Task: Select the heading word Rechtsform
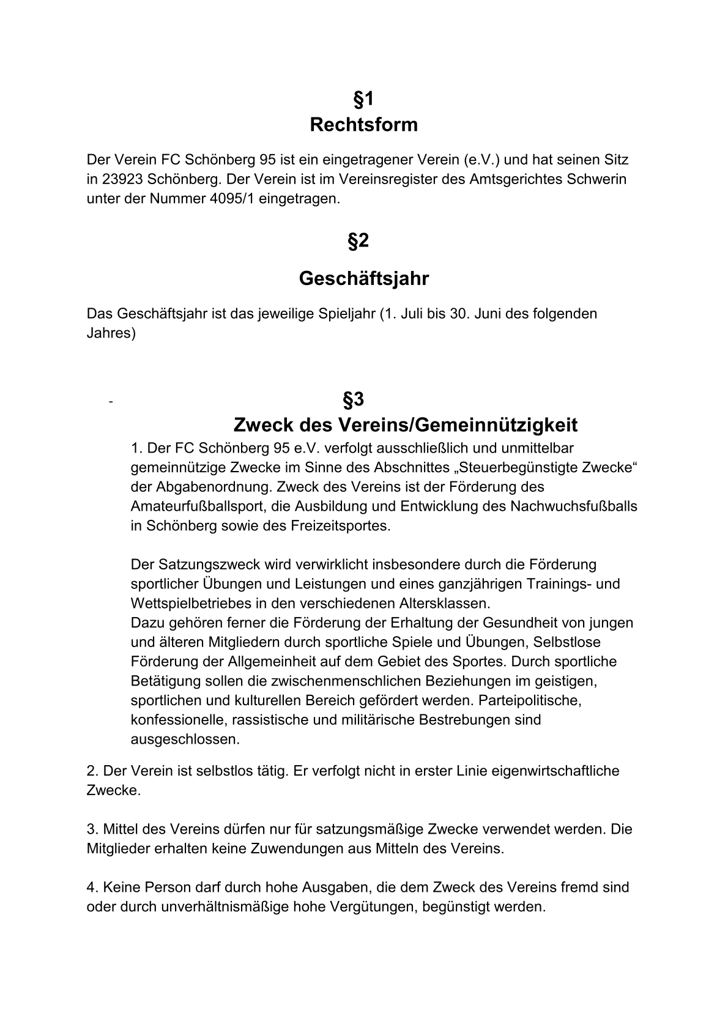(363, 125)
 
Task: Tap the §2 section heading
(358, 241)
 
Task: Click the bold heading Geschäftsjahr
(363, 279)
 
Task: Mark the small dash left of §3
(110, 402)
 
